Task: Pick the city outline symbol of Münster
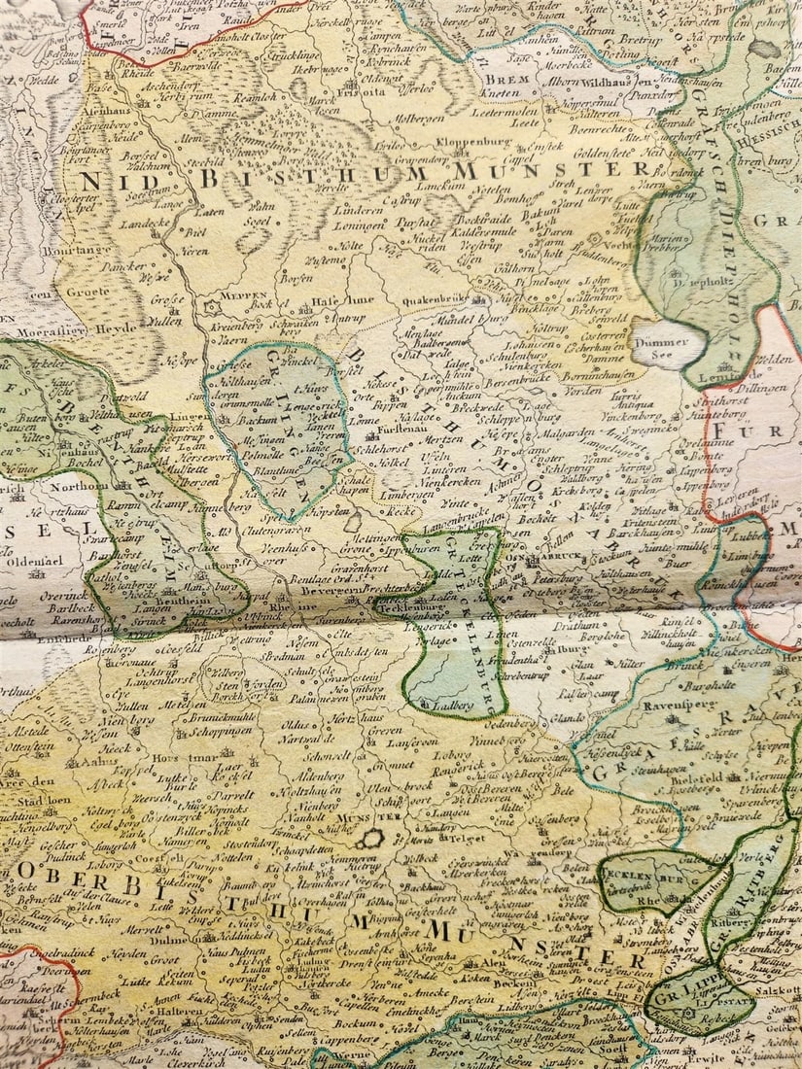[369, 838]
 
